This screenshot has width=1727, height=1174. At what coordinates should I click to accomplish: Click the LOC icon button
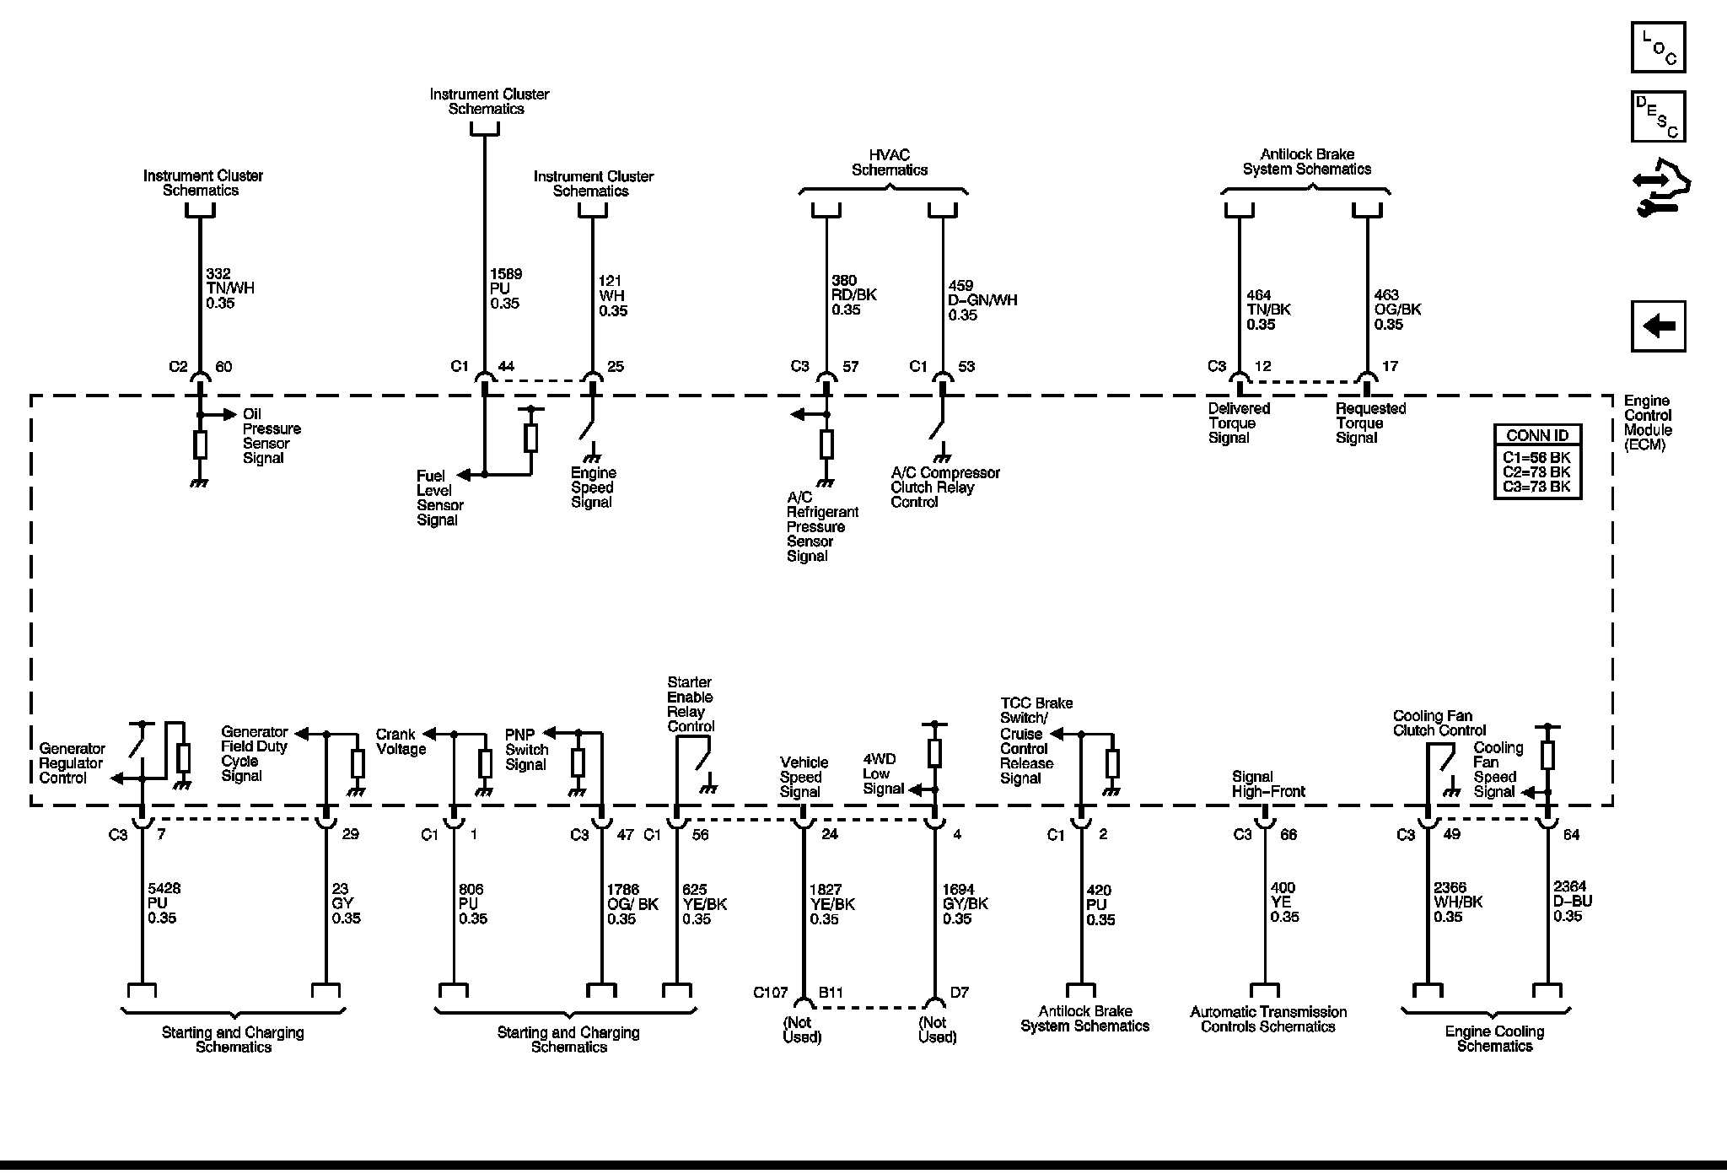(x=1658, y=47)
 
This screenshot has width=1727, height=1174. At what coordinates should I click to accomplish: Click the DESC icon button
(x=1658, y=116)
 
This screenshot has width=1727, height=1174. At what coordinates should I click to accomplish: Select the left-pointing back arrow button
(x=1658, y=326)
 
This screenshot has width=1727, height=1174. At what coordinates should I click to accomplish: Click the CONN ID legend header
(x=1536, y=436)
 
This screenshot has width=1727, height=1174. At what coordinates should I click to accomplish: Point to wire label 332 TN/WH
(x=229, y=288)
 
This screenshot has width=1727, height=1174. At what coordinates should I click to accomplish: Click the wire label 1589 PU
(x=505, y=288)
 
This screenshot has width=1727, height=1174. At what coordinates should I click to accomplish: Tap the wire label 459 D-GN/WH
(x=982, y=300)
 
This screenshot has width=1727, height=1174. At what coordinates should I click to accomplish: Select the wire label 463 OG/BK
(x=1397, y=310)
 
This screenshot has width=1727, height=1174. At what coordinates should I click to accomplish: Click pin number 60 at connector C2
(x=223, y=367)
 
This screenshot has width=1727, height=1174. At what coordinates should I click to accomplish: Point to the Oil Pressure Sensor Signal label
(x=271, y=436)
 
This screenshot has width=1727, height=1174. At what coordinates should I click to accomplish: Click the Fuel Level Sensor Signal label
(x=439, y=498)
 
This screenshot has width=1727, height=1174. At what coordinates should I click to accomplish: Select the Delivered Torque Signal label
(x=1238, y=423)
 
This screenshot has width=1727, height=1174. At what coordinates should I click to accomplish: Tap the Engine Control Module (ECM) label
(x=1648, y=423)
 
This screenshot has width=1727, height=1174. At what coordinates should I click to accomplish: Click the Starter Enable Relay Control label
(x=690, y=704)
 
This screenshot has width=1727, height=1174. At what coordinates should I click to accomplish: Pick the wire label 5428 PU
(x=163, y=903)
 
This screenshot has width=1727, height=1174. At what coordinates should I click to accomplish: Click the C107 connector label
(x=769, y=993)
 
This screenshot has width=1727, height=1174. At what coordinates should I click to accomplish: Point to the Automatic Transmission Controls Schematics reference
(x=1267, y=1019)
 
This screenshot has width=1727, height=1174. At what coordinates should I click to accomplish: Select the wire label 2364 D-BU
(x=1572, y=902)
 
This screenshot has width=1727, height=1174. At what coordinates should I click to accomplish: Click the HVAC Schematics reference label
(x=889, y=162)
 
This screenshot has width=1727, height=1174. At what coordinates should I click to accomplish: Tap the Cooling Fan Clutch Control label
(x=1439, y=723)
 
